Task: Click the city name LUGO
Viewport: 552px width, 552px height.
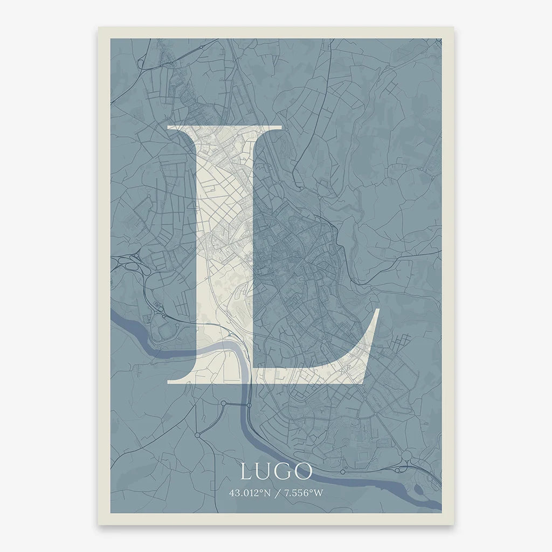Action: (276, 472)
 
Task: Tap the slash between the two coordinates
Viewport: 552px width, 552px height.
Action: (276, 493)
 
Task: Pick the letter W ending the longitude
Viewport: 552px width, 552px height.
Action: (319, 493)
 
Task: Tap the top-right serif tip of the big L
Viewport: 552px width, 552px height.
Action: (281, 128)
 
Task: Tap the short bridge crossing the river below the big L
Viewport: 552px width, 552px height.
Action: (236, 404)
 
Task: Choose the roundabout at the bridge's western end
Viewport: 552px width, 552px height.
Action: (223, 403)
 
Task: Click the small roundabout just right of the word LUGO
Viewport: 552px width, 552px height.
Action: (343, 472)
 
